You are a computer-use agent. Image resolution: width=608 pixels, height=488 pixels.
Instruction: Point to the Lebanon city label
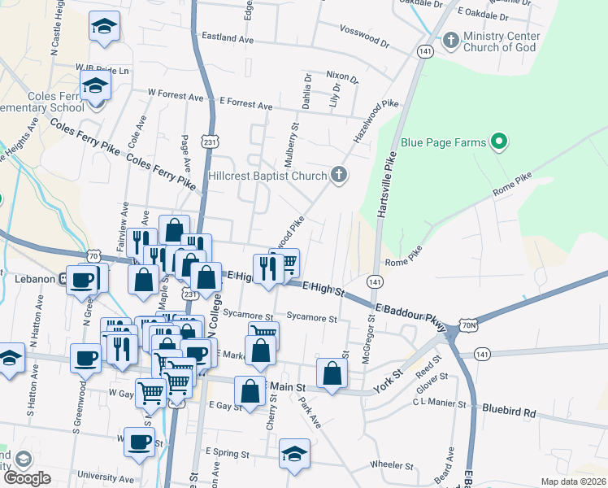tap(34, 278)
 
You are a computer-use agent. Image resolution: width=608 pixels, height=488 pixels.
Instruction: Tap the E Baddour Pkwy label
tap(411, 316)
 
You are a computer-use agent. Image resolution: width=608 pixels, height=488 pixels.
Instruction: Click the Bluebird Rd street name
tap(509, 412)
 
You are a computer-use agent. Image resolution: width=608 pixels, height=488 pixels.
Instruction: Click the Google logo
tap(27, 477)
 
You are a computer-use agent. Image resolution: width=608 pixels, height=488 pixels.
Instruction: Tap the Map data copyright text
tap(573, 481)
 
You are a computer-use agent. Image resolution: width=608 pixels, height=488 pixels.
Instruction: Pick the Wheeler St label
tap(392, 465)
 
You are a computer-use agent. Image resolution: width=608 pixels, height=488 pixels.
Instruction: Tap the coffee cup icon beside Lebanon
tap(81, 279)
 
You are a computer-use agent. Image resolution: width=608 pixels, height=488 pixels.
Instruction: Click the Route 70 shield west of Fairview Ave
tap(95, 255)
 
